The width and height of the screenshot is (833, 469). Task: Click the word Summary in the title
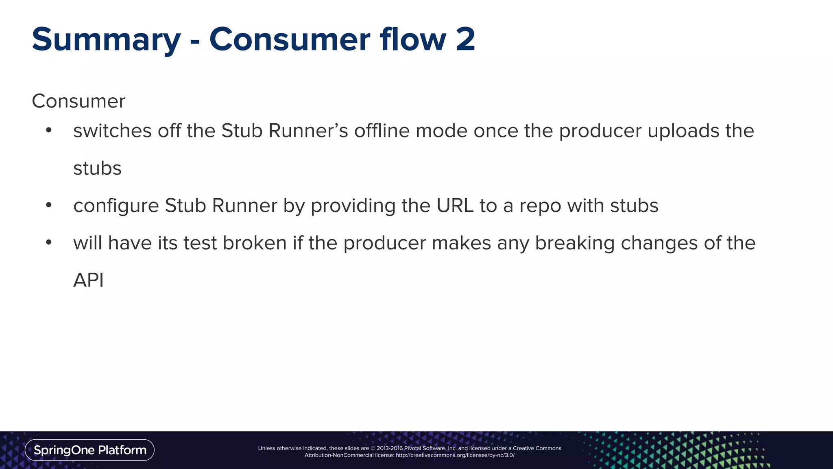(106, 40)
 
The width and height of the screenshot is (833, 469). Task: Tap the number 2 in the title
(465, 39)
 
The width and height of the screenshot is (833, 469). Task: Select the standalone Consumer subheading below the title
(79, 101)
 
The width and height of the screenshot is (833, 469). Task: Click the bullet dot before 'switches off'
(49, 130)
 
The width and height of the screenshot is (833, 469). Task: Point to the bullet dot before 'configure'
(49, 205)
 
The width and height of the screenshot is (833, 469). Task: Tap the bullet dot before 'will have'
(49, 243)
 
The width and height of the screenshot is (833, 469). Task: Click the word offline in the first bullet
(382, 131)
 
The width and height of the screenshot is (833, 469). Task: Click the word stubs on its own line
(97, 168)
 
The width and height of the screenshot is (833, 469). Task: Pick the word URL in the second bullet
(455, 206)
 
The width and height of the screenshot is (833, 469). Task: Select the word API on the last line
(88, 280)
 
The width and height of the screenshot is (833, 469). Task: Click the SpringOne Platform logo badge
(89, 450)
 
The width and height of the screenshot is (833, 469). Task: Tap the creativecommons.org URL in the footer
(455, 455)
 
